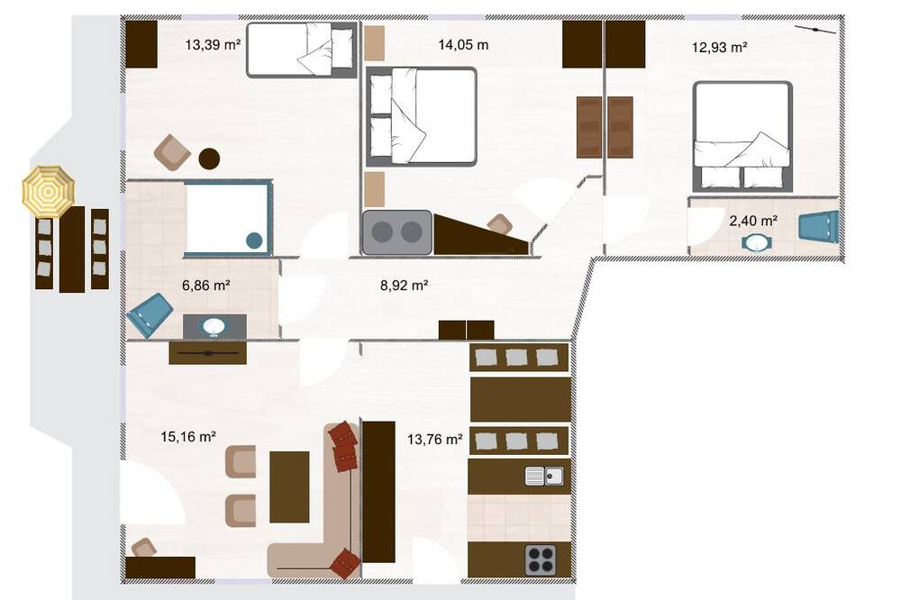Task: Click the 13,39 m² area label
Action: pos(213,44)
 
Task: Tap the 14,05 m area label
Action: pos(463,44)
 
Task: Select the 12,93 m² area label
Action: pos(719,47)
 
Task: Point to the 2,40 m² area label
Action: pos(753,221)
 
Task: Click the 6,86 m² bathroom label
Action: pos(206,285)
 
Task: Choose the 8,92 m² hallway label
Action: pos(404,285)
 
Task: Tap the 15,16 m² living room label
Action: pos(188,437)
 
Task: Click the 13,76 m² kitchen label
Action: pos(435,440)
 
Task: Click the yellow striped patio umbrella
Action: pos(49,191)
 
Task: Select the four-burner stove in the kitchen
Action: pos(541,559)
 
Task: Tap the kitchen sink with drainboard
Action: pos(544,476)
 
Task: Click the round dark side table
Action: pos(209,159)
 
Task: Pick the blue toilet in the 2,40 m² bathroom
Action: pos(819,226)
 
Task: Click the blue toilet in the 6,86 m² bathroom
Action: pos(150,314)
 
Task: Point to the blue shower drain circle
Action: pos(254,241)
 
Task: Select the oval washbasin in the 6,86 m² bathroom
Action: pos(214,326)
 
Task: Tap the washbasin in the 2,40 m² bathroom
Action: pos(757,242)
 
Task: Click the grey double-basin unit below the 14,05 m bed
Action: pos(396,232)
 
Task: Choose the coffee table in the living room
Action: pos(289,486)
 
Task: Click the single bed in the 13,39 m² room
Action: pos(302,50)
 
